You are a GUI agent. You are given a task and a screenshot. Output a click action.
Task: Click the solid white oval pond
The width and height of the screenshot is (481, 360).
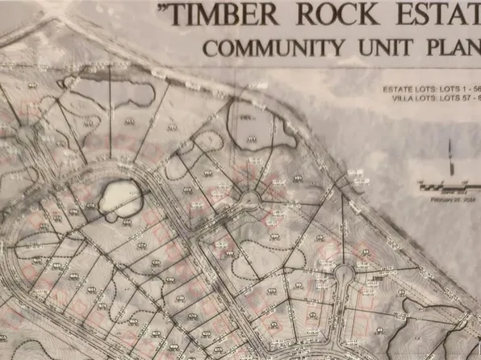point(121,198)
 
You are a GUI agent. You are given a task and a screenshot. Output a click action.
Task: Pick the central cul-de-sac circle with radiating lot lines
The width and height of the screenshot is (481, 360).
point(249,197)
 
